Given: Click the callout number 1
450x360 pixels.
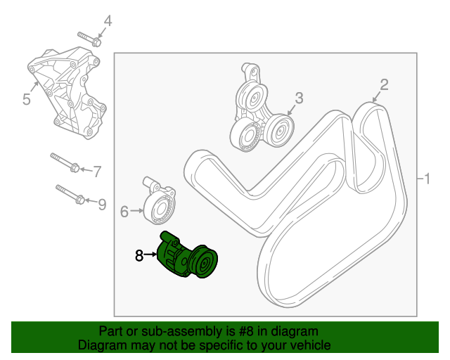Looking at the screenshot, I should [x=425, y=179].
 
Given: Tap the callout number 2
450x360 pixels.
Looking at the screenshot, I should [x=384, y=85].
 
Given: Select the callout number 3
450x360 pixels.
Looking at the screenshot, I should [x=299, y=98].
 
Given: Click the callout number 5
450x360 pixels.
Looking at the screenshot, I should [x=26, y=99].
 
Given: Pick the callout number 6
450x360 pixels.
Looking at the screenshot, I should [x=124, y=210].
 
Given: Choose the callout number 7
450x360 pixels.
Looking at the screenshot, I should [x=98, y=170].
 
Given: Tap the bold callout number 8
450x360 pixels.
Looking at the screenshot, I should [x=139, y=256].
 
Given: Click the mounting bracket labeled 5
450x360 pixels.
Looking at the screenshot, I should [x=67, y=91].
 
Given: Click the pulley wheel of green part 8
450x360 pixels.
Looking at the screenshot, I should [x=206, y=264].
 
